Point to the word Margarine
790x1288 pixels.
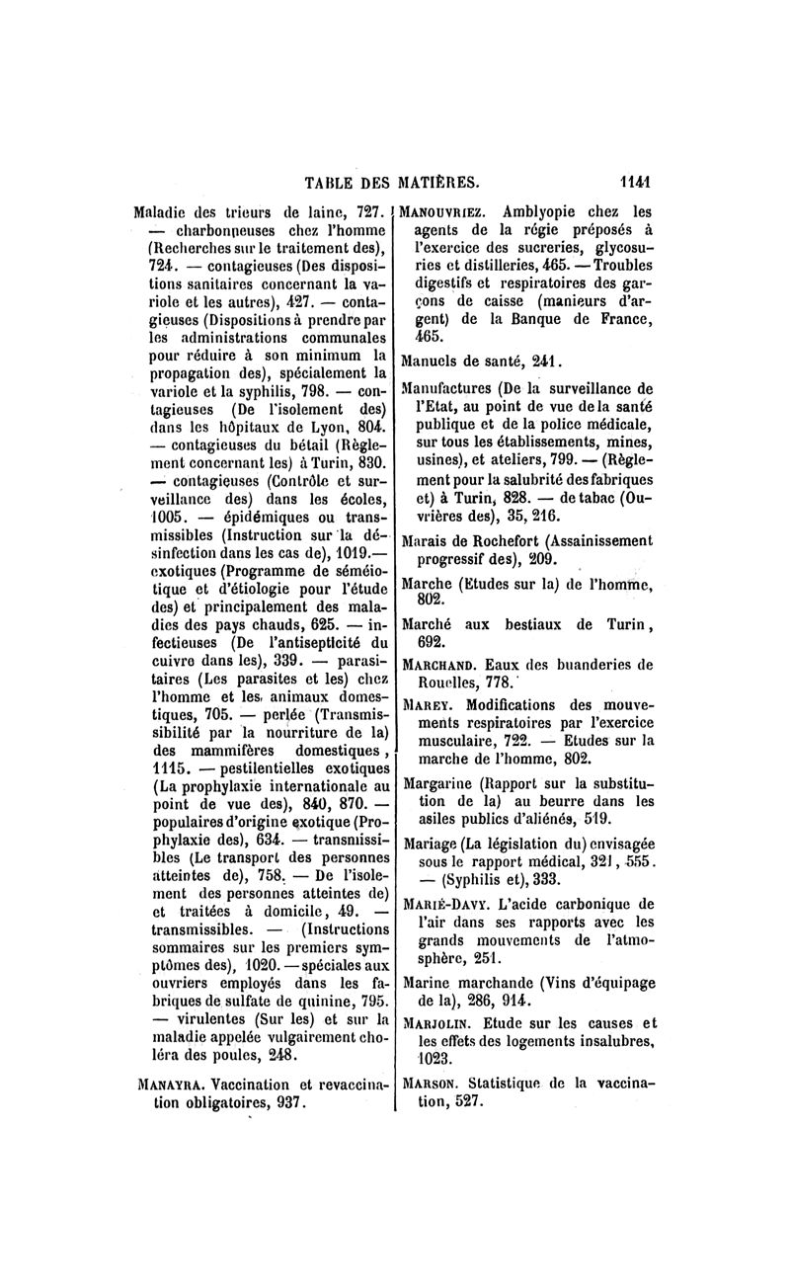[441, 783]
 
